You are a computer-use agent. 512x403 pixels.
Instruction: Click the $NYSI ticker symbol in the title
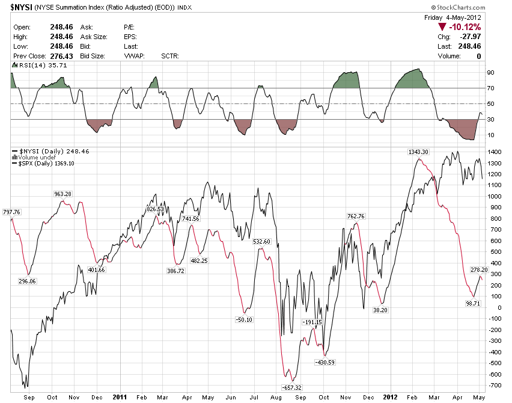pos(21,7)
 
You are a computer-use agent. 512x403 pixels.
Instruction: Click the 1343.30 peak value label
pos(417,152)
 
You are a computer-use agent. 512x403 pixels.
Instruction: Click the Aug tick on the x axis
pos(276,398)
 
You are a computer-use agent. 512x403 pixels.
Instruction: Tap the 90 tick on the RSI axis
pos(491,72)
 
